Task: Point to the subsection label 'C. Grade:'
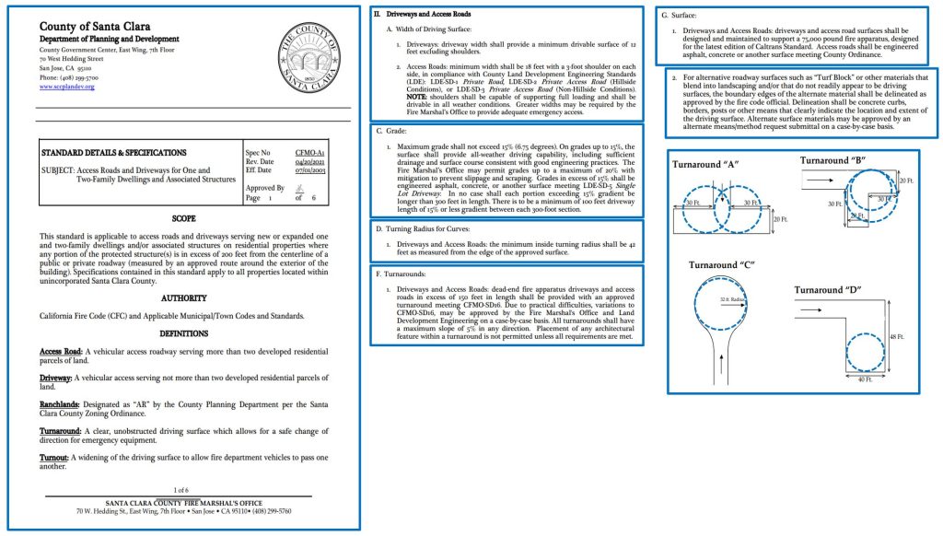(x=398, y=132)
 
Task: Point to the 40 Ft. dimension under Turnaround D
(x=864, y=379)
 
